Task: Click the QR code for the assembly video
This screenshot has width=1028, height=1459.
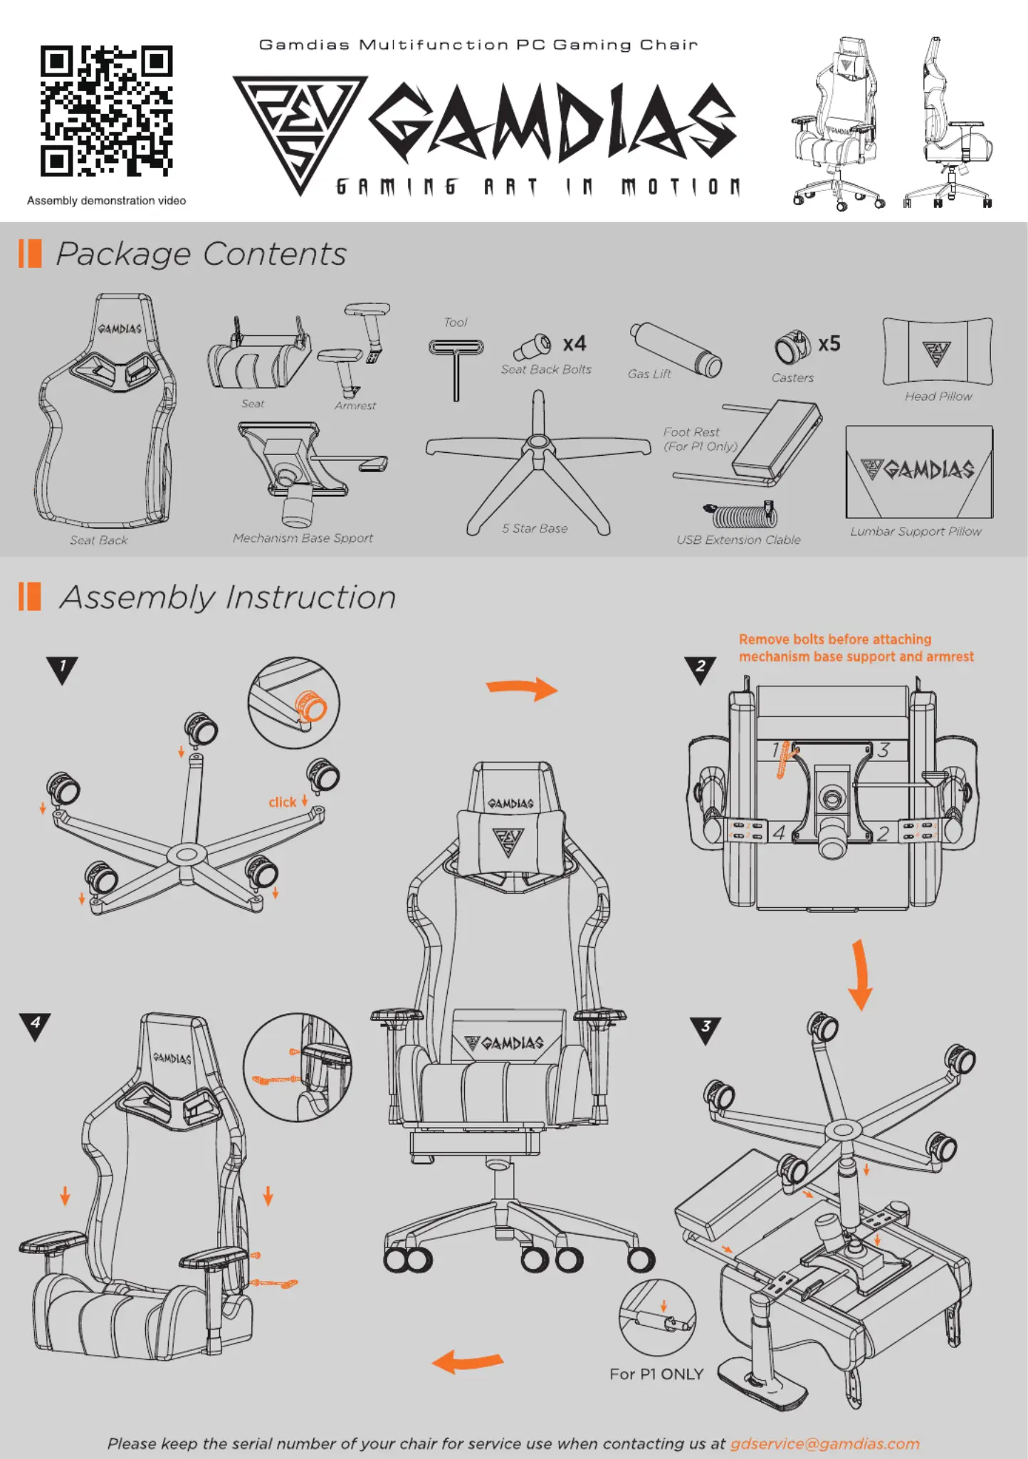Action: tap(107, 111)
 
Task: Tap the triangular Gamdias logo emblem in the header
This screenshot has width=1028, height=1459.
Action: tap(300, 127)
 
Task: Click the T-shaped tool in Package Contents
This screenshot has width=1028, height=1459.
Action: tap(456, 367)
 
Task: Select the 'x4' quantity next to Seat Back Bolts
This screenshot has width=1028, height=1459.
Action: tap(575, 344)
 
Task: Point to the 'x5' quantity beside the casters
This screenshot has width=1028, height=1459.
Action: tap(829, 344)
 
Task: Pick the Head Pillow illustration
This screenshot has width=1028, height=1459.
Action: tap(938, 352)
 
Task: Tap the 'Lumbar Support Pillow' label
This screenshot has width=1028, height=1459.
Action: tap(916, 531)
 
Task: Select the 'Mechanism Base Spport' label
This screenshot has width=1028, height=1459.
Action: tap(303, 538)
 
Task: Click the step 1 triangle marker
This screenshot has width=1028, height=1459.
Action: tap(63, 669)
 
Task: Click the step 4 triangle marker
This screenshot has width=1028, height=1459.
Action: tap(35, 1026)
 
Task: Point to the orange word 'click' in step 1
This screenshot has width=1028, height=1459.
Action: tap(283, 802)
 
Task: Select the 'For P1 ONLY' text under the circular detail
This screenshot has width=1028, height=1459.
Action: tap(656, 1374)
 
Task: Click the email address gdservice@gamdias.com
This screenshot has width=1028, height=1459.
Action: tap(824, 1443)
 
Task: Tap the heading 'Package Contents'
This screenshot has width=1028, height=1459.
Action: tap(201, 254)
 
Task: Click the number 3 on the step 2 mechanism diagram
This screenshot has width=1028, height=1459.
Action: tap(883, 750)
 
